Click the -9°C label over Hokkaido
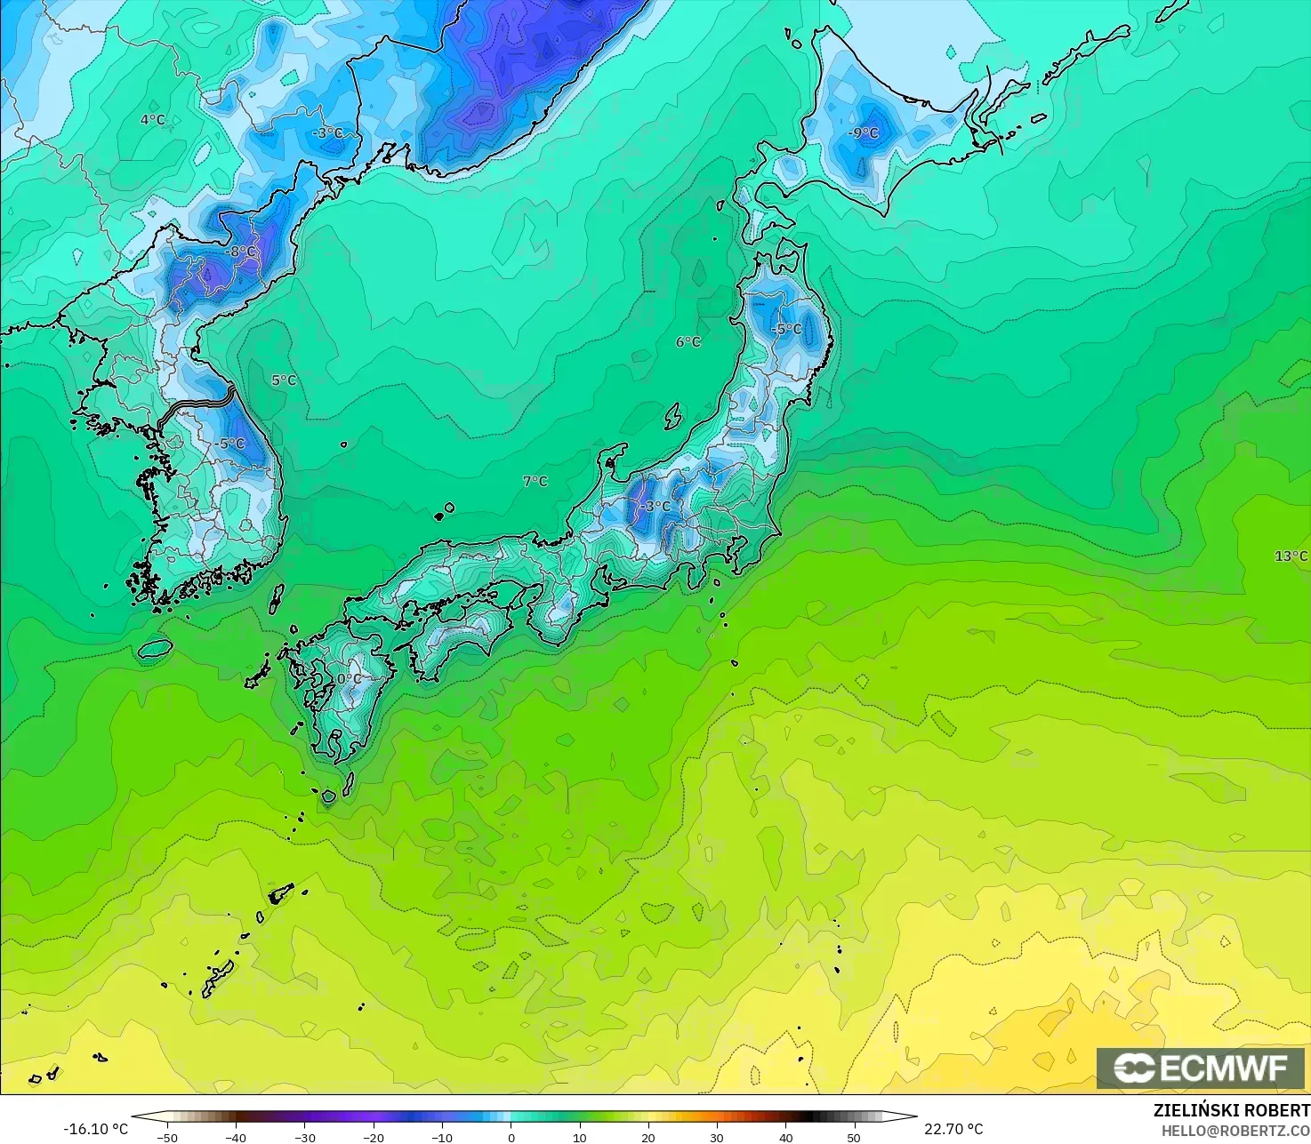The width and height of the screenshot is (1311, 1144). pos(864,133)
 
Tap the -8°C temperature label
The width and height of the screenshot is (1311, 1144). pos(240,252)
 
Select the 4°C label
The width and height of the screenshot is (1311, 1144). pos(153,119)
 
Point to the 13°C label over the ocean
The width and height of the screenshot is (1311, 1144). pos(1291,556)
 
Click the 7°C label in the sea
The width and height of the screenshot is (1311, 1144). pos(535,481)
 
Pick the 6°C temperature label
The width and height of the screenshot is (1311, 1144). pos(688,342)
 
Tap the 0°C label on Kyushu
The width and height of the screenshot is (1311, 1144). pos(350,679)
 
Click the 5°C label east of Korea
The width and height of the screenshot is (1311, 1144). pos(284,380)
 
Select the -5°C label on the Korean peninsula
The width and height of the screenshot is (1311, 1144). pos(230,444)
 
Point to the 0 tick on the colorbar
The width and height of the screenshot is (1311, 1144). pos(511,1137)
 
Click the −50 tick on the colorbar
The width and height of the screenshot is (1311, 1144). pos(167,1137)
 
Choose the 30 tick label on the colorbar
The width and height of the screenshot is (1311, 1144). pos(717,1137)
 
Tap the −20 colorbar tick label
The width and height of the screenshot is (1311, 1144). pos(374,1137)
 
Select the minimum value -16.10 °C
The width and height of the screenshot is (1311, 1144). pos(96,1129)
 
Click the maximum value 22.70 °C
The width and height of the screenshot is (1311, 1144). pos(953,1129)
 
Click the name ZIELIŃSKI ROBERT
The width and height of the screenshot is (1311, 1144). pos(1231,1110)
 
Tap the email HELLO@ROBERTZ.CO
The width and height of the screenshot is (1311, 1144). pos(1235,1130)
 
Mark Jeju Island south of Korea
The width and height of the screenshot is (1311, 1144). pos(155,649)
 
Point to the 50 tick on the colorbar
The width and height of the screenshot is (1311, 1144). pos(854,1137)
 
